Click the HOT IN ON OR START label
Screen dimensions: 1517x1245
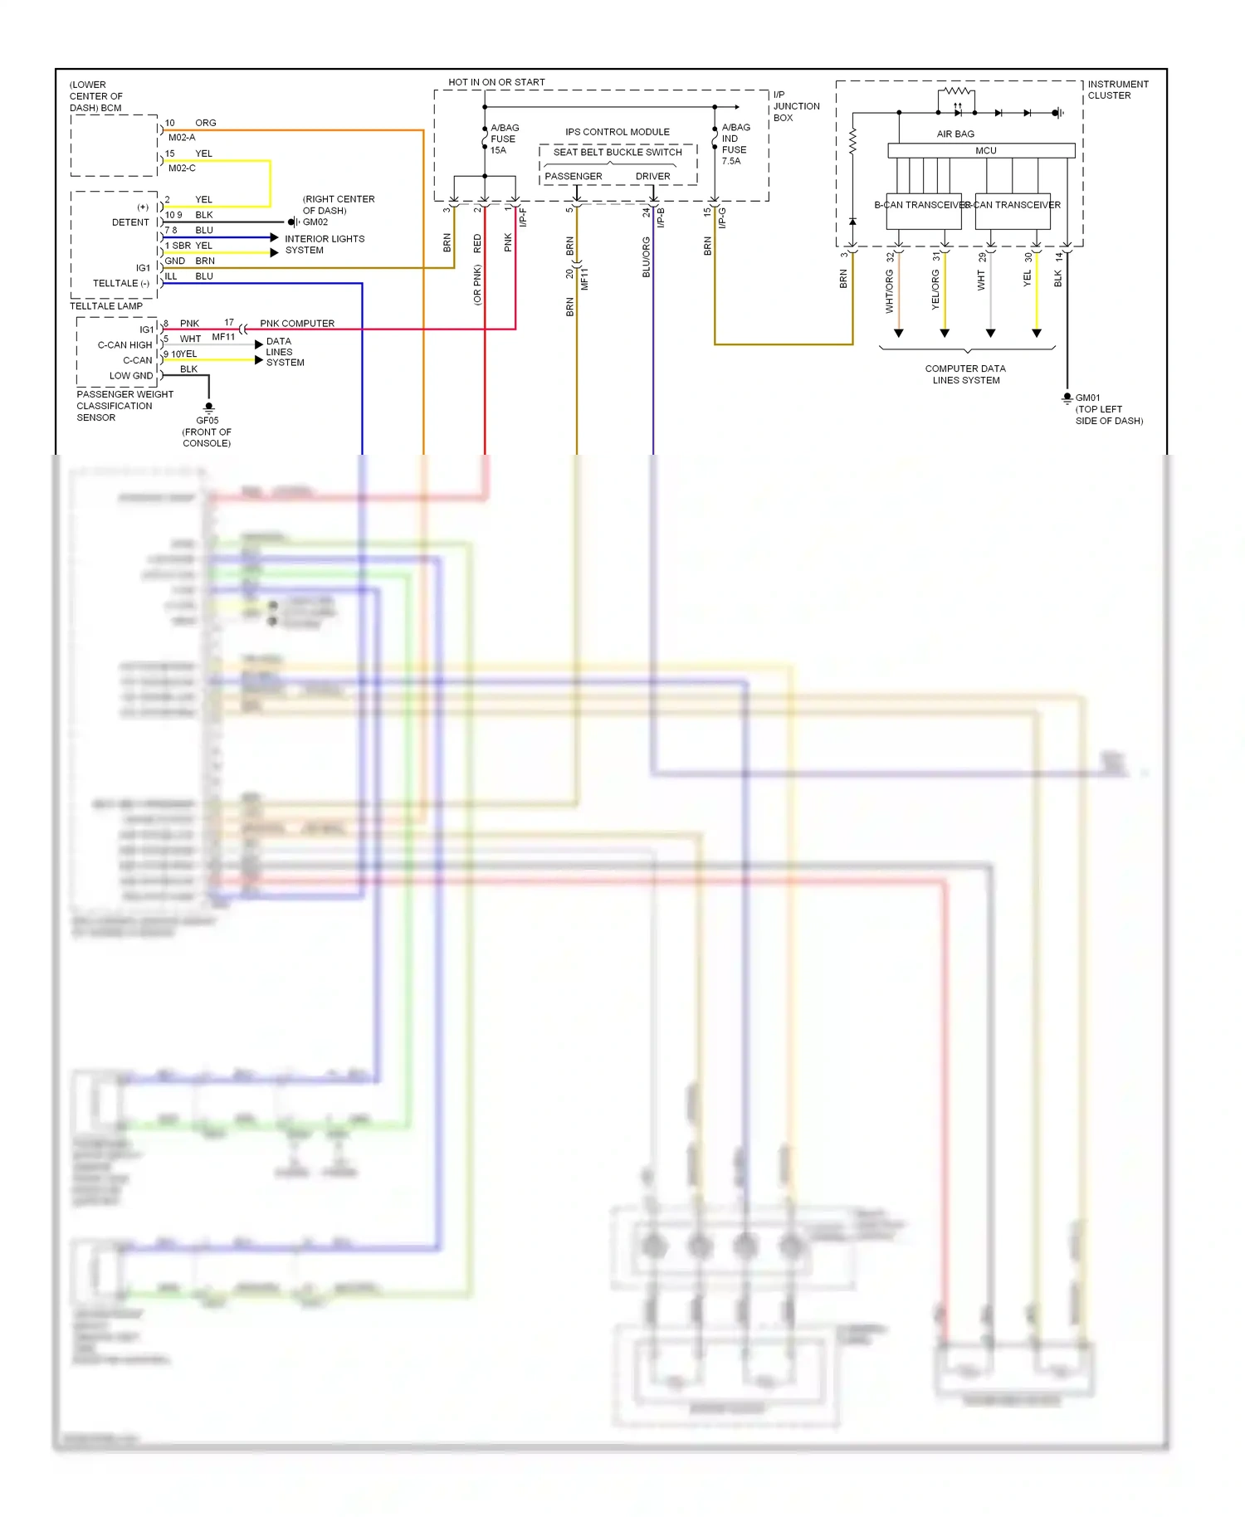click(496, 82)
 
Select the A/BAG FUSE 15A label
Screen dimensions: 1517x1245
click(504, 139)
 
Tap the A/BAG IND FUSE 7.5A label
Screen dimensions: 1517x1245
click(735, 144)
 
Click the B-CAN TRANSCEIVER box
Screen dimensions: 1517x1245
click(923, 211)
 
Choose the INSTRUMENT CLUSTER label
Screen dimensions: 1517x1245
click(1117, 90)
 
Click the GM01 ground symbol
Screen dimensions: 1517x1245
click(1067, 398)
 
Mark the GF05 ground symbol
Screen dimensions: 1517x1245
click(209, 407)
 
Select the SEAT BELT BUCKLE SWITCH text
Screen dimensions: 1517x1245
click(618, 153)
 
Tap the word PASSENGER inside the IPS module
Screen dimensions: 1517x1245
click(574, 177)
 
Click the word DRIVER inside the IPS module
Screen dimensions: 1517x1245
click(652, 177)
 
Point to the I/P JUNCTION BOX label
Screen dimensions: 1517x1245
click(795, 106)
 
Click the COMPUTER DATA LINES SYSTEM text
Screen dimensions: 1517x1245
click(965, 374)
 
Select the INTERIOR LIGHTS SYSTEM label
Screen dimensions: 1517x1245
click(324, 244)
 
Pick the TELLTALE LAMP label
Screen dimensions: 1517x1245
click(106, 306)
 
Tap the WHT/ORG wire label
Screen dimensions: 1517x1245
click(889, 291)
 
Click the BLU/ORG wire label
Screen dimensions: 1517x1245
click(646, 257)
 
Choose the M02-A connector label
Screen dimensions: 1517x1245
click(182, 138)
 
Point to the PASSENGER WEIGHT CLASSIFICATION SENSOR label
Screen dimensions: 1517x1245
click(124, 406)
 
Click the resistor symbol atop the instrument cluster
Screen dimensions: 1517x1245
click(957, 90)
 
